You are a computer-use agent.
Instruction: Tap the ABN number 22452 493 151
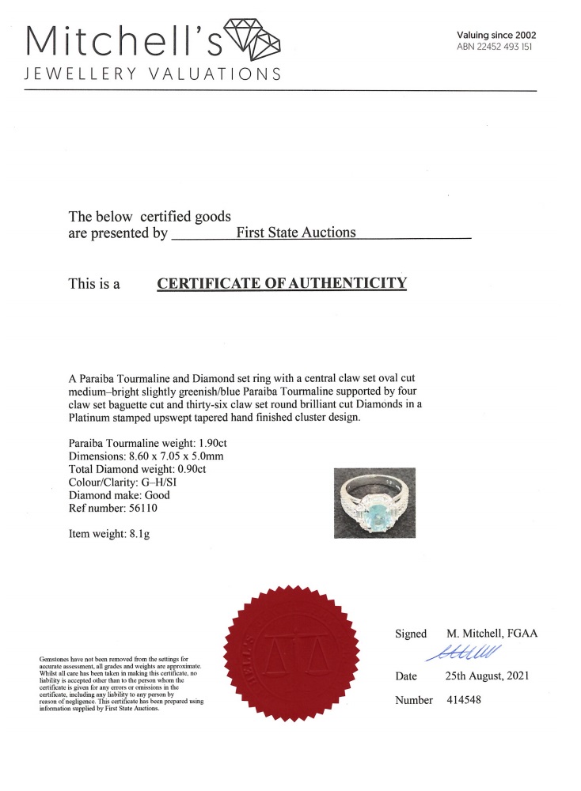click(x=496, y=47)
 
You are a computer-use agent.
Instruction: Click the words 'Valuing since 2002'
click(x=496, y=35)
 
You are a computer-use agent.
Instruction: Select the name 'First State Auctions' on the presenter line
click(x=296, y=233)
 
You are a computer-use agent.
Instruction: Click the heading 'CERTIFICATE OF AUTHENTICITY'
click(x=282, y=283)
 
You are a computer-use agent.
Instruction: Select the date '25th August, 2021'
click(x=486, y=676)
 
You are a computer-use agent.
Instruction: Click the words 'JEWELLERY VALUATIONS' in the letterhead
click(x=154, y=74)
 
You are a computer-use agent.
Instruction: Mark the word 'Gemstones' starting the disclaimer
click(x=53, y=659)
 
